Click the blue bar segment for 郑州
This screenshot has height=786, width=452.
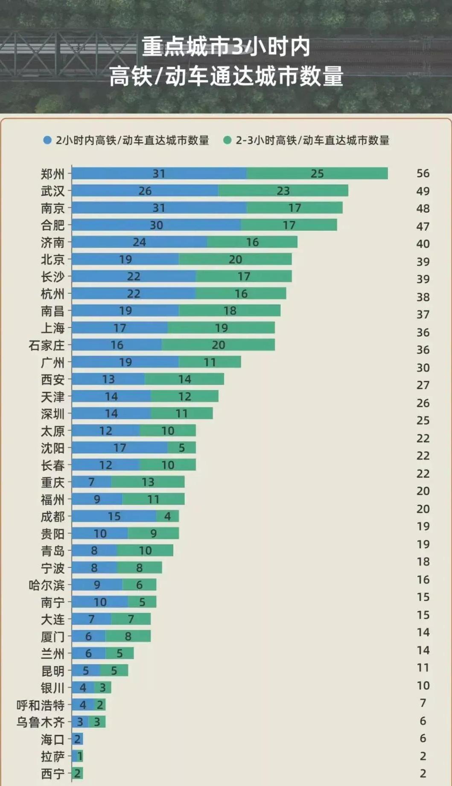159,173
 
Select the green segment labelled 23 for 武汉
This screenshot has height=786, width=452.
283,190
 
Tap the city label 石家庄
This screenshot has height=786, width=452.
47,345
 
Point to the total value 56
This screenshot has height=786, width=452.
423,173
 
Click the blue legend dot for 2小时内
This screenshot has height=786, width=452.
47,140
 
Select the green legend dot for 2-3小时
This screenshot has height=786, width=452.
227,140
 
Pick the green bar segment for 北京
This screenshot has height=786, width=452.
235,259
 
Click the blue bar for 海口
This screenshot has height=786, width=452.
77,739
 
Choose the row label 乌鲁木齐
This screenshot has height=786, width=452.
41,722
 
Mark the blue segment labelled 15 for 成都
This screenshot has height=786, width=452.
114,516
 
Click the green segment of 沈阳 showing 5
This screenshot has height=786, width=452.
182,447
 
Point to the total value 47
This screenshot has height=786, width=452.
423,226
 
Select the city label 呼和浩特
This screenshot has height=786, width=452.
41,705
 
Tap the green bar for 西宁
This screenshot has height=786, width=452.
77,773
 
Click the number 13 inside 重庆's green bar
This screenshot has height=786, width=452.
148,482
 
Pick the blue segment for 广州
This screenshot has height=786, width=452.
125,362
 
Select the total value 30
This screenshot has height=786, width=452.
423,368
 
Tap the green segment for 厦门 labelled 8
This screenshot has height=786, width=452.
128,636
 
